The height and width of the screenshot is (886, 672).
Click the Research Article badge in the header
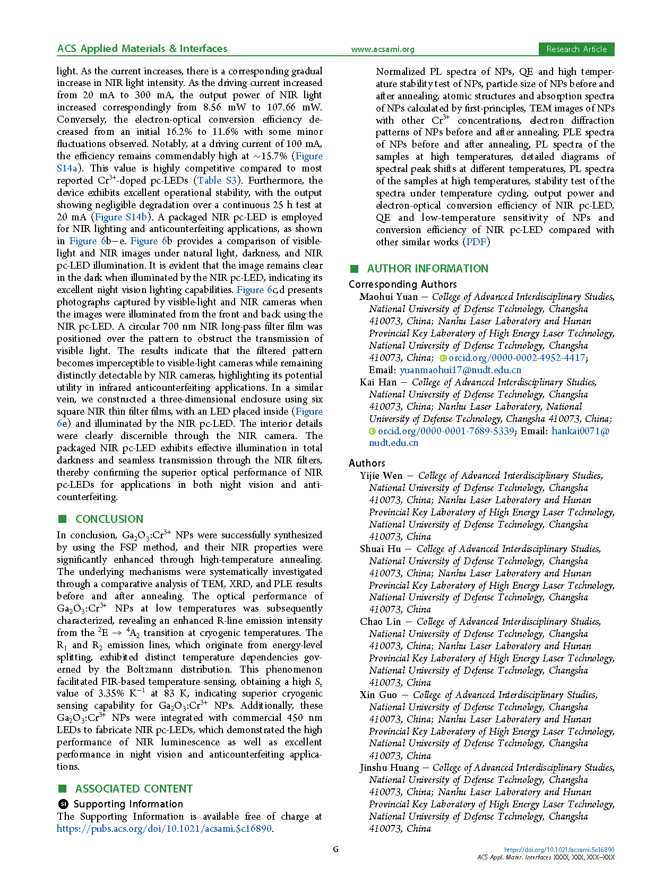576,49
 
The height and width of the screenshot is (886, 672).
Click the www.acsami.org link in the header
382,49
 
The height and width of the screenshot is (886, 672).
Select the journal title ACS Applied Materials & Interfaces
142,48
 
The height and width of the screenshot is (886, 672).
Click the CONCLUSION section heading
109,519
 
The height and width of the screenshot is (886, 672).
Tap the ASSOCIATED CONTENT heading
134,789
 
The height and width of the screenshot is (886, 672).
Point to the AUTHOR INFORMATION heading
427,269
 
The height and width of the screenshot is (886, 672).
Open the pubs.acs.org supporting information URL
165,829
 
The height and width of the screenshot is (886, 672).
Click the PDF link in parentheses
476,242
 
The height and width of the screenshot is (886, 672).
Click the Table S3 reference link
217,180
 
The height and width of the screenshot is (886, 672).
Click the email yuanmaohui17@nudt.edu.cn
460,370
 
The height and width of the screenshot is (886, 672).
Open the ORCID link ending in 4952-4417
516,358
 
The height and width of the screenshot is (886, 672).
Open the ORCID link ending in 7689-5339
446,431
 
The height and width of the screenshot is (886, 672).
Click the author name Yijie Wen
381,476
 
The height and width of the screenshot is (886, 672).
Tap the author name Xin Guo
378,695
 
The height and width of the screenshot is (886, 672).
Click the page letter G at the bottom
335,849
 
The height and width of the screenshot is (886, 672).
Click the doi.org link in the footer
559,850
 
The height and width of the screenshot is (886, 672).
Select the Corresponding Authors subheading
402,285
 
